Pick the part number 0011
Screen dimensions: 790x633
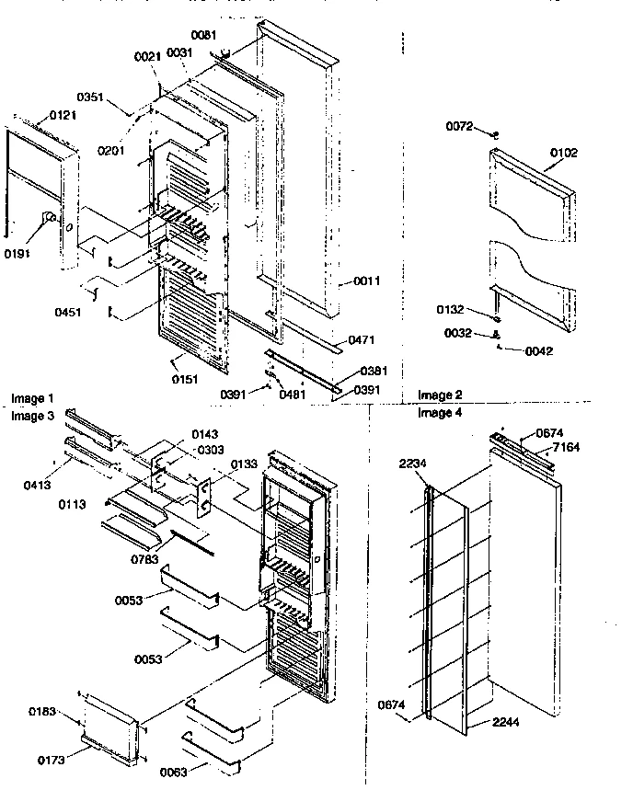pos(366,280)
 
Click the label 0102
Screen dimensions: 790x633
pos(564,153)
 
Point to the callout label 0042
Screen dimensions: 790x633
pos(539,350)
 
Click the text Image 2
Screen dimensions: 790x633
pos(440,395)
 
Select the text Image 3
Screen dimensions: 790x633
pos(32,416)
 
